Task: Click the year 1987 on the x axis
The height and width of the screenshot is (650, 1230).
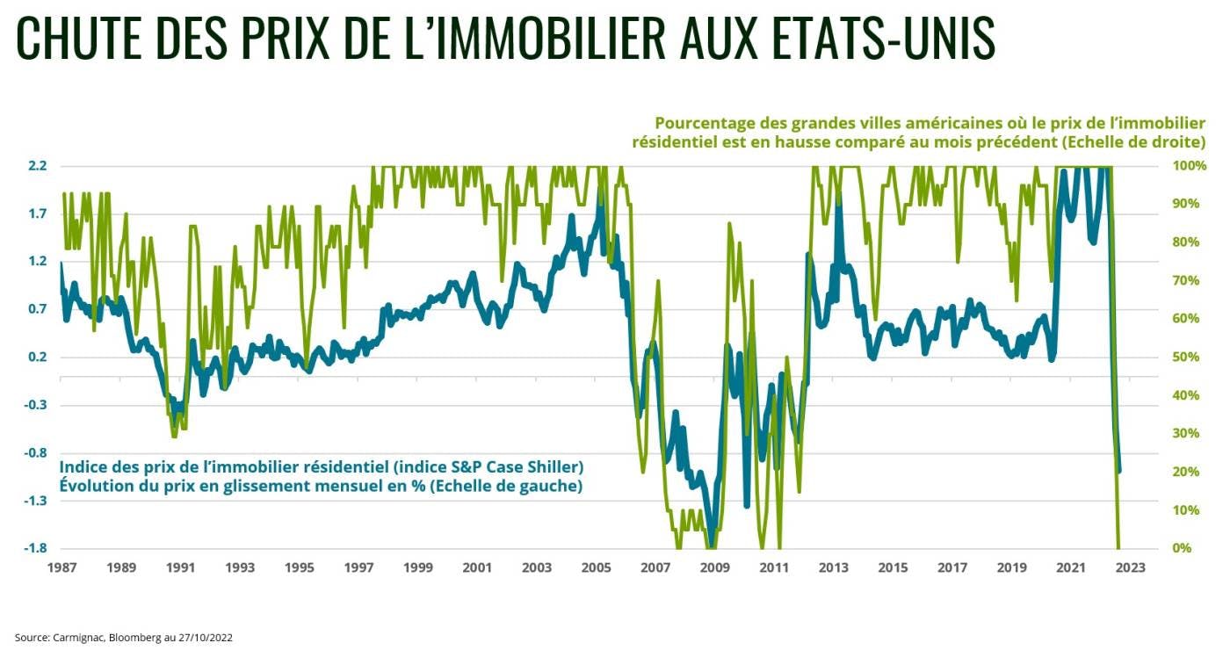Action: pyautogui.click(x=61, y=567)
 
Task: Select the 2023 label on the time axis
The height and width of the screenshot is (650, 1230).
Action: pyautogui.click(x=1130, y=567)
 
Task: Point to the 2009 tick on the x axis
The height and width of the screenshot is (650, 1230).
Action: pyautogui.click(x=714, y=567)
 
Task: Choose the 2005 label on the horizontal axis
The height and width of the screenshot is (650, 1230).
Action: pyautogui.click(x=596, y=567)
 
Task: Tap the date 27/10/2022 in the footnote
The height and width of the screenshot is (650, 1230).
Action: pyautogui.click(x=204, y=637)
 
